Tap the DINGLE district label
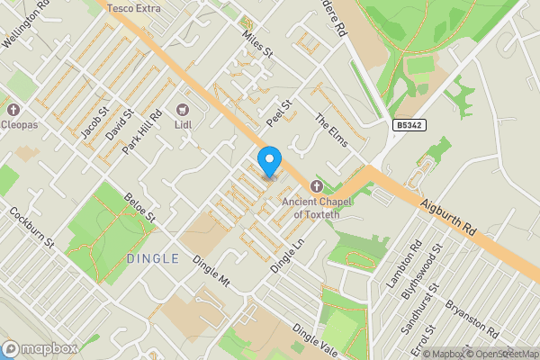click(153, 258)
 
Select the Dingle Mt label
click(212, 271)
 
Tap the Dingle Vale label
click(315, 343)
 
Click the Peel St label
click(280, 112)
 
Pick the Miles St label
click(257, 41)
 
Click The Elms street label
click(330, 130)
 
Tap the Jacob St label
click(94, 122)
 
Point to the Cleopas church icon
click(13, 110)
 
